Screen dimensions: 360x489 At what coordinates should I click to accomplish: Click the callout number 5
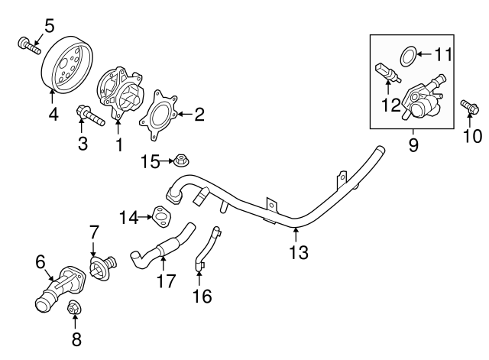[x=49, y=26]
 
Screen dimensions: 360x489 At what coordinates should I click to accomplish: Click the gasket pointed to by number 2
[x=160, y=115]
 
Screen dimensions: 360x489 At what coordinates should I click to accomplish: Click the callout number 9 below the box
[x=413, y=144]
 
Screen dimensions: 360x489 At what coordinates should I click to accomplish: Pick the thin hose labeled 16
[x=208, y=248]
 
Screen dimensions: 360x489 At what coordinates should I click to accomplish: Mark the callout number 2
[x=199, y=115]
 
